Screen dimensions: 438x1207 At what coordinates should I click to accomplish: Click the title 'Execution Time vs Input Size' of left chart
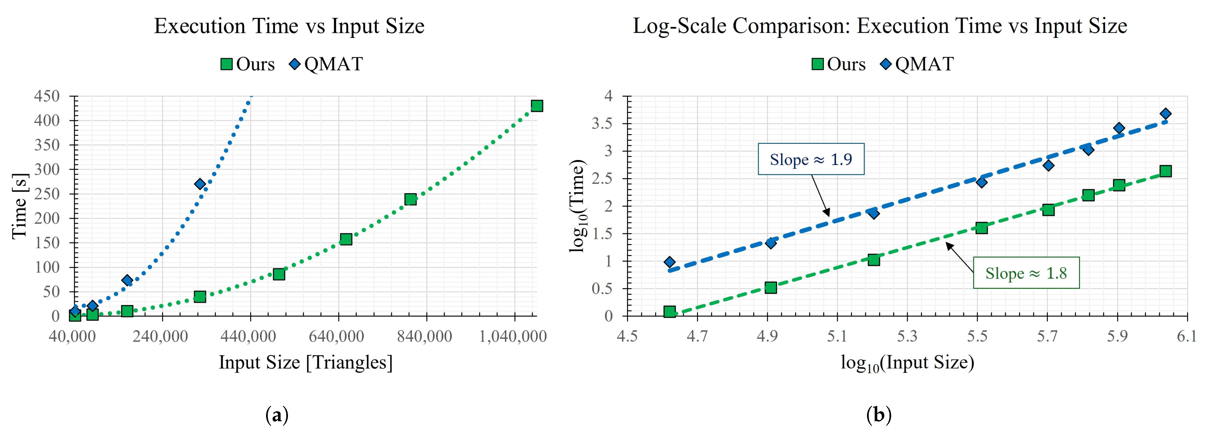[289, 26]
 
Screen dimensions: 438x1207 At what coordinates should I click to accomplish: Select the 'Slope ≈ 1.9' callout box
[811, 159]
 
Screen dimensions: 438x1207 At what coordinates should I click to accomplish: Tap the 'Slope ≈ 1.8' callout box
[1026, 273]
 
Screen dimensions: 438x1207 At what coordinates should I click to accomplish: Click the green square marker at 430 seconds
[537, 106]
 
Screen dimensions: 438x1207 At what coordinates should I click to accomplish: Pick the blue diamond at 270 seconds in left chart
[200, 184]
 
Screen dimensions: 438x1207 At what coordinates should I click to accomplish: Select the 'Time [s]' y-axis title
[20, 206]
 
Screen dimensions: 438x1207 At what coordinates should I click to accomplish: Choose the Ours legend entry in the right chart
[839, 64]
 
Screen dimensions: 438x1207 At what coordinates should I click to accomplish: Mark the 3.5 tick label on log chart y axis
[602, 124]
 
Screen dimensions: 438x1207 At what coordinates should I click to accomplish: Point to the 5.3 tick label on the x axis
[907, 336]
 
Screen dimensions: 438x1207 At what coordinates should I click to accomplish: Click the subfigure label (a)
[276, 415]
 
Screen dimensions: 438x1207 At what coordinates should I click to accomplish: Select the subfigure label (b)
[879, 415]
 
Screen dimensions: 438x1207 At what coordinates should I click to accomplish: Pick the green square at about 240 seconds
[410, 199]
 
